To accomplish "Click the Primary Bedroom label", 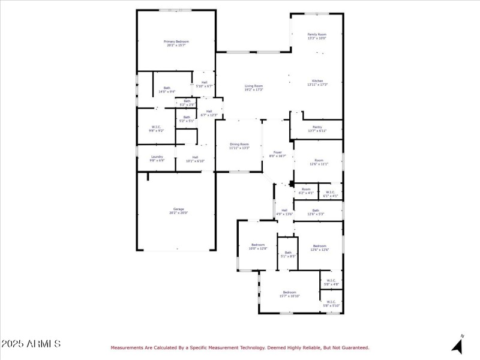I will pos(176,43).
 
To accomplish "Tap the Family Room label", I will pos(317,37).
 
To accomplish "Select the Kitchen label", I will pos(317,83).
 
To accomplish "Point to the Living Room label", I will pos(254,88).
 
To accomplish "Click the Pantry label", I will pos(317,128).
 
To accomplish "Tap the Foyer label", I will pos(277,154).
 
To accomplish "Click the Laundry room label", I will pos(157,158).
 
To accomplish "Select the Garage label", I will pos(176,211).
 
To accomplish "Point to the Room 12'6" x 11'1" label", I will pos(319,162).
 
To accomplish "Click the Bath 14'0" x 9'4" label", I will pos(167,90).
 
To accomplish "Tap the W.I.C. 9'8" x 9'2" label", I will pos(155,128).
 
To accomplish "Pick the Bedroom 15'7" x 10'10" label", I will pos(289,294).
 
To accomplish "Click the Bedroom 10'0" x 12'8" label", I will pos(258,247).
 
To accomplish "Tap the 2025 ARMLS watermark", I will pos(31,344).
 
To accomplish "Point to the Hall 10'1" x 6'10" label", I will pos(195,159).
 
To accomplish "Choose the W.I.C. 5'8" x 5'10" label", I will pos(331,304).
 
